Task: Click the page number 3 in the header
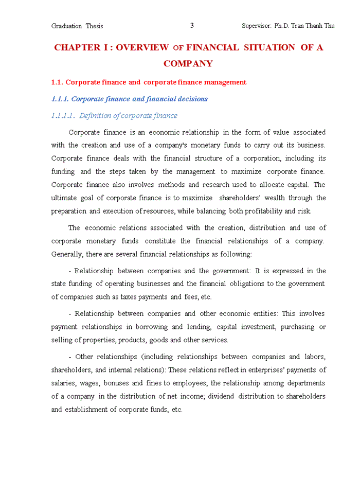click(192, 26)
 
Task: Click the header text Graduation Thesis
click(77, 26)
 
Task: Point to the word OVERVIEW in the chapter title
click(142, 48)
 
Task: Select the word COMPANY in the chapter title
click(188, 64)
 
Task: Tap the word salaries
click(64, 383)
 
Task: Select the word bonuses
click(116, 383)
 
